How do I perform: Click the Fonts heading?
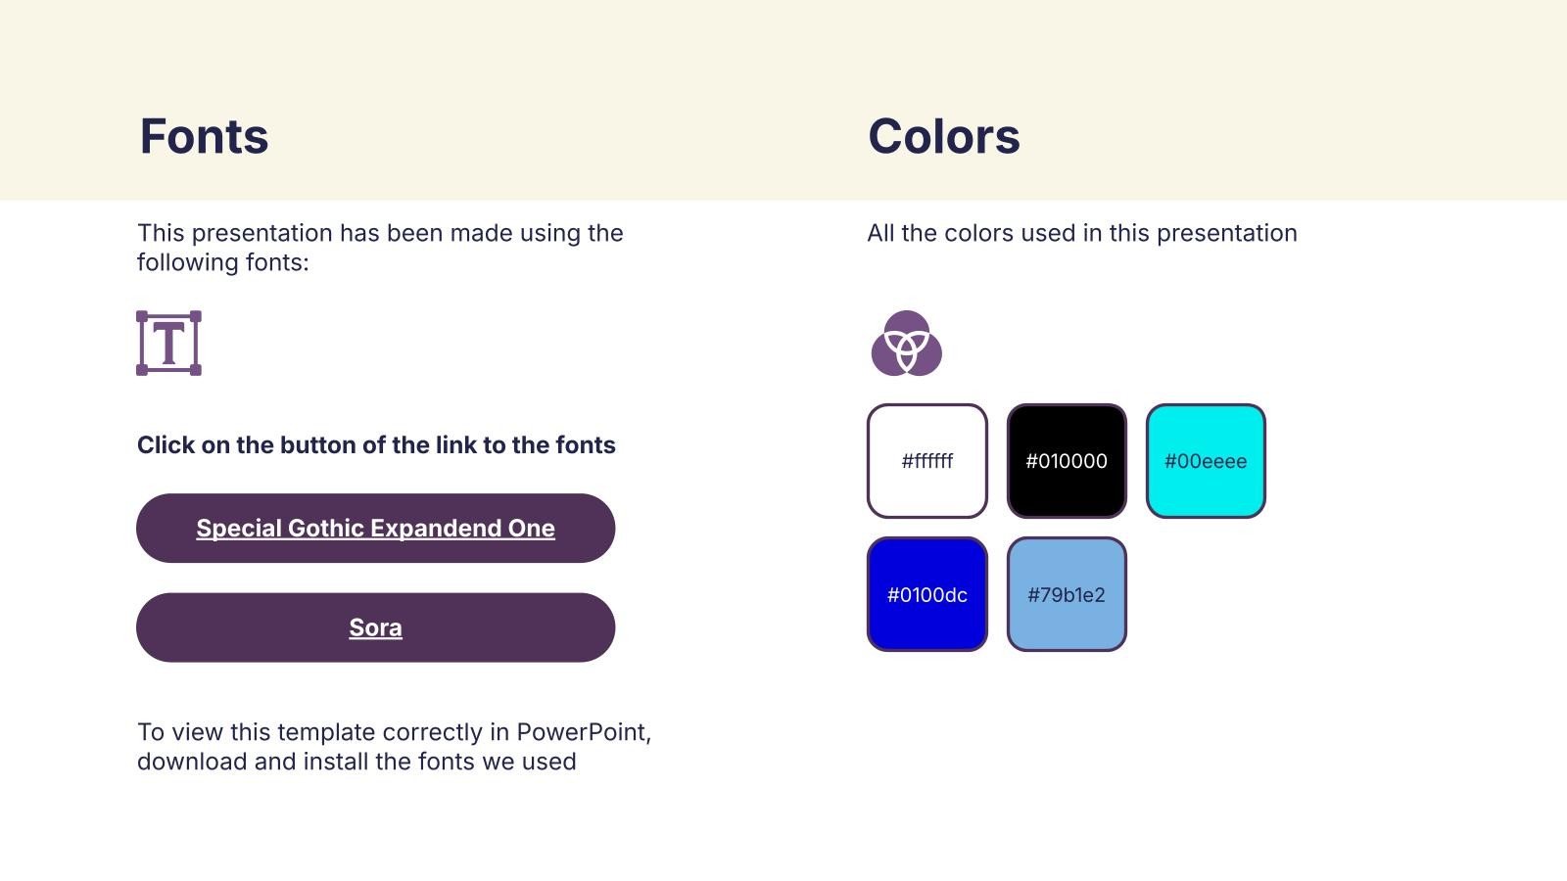pos(204,136)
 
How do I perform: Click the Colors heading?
pos(944,136)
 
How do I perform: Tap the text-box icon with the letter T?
pos(168,344)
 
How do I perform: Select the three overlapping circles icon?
pos(906,344)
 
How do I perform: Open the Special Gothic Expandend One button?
pos(376,528)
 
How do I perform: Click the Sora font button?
pos(376,627)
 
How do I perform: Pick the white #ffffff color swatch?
pos(926,461)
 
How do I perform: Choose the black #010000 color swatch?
pos(1067,461)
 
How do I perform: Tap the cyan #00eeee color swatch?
pos(1206,461)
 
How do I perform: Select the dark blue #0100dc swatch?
pos(926,594)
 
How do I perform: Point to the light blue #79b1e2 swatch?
pos(1067,594)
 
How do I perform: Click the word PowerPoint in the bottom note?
pos(584,732)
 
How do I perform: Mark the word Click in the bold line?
pos(166,444)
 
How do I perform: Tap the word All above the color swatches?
pos(881,233)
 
